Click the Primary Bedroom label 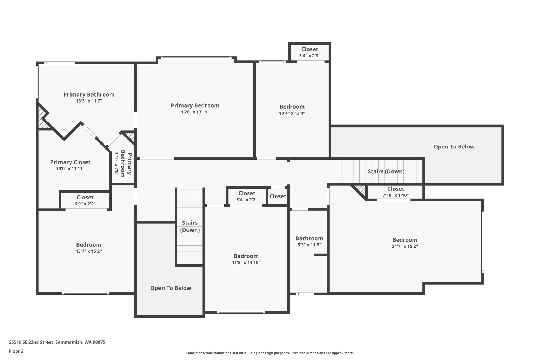pyautogui.click(x=195, y=105)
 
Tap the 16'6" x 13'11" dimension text pyautogui.click(x=195, y=112)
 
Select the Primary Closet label pyautogui.click(x=70, y=162)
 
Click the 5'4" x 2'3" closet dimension pyautogui.click(x=310, y=56)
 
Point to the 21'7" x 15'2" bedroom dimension pyautogui.click(x=405, y=246)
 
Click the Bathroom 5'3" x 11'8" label pyautogui.click(x=309, y=238)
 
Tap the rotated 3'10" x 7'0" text pyautogui.click(x=116, y=164)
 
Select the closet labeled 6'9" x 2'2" pyautogui.click(x=85, y=200)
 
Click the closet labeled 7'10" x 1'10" pyautogui.click(x=396, y=192)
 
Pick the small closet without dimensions pyautogui.click(x=278, y=196)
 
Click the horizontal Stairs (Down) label pyautogui.click(x=386, y=171)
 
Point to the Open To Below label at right pyautogui.click(x=454, y=147)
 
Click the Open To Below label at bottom pyautogui.click(x=171, y=288)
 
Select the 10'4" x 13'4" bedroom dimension pyautogui.click(x=292, y=113)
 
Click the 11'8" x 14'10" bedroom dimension pyautogui.click(x=246, y=263)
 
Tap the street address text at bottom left pyautogui.click(x=57, y=342)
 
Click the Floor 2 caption pyautogui.click(x=16, y=351)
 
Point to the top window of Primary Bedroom pyautogui.click(x=196, y=57)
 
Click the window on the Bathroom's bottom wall pyautogui.click(x=305, y=294)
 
